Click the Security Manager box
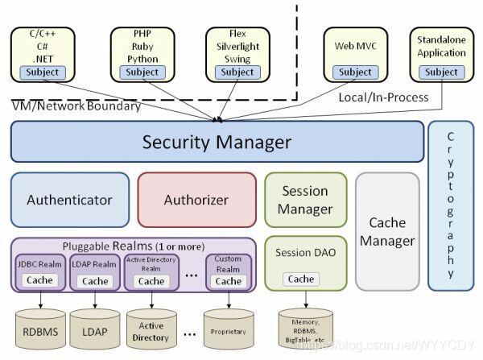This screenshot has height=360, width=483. [217, 143]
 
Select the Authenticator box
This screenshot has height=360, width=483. [69, 200]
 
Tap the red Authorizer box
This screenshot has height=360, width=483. [196, 200]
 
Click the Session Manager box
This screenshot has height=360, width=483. [306, 200]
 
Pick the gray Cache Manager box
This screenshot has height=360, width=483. [387, 231]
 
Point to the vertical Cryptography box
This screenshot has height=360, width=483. [451, 205]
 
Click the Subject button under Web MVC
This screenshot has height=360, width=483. [355, 72]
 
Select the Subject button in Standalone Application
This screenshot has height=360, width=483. [441, 72]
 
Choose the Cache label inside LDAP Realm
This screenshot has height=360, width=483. [94, 281]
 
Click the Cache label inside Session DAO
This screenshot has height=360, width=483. [301, 279]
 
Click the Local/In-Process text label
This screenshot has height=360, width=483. [383, 97]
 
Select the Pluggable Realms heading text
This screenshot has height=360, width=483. [133, 246]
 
